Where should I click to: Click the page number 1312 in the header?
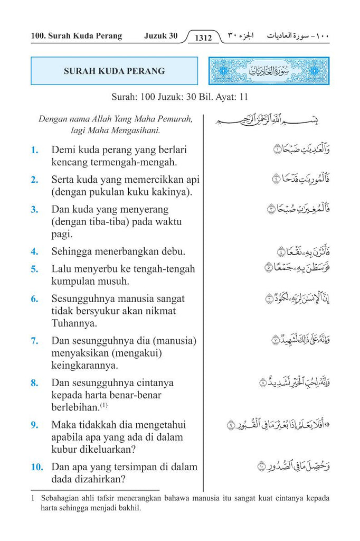tap(203, 38)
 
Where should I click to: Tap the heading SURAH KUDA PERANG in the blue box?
tap(114, 71)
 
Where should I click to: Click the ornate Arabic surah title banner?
tap(269, 71)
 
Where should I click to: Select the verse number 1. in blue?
tap(35, 150)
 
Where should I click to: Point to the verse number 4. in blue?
tap(35, 251)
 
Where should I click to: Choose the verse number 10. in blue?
tap(36, 467)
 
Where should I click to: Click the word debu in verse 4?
tap(174, 251)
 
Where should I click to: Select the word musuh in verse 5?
tap(114, 281)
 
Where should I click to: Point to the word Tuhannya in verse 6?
tap(72, 323)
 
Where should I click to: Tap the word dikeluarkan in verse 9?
tap(105, 450)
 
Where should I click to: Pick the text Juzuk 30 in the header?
tap(160, 36)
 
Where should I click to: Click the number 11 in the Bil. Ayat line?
tap(243, 97)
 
